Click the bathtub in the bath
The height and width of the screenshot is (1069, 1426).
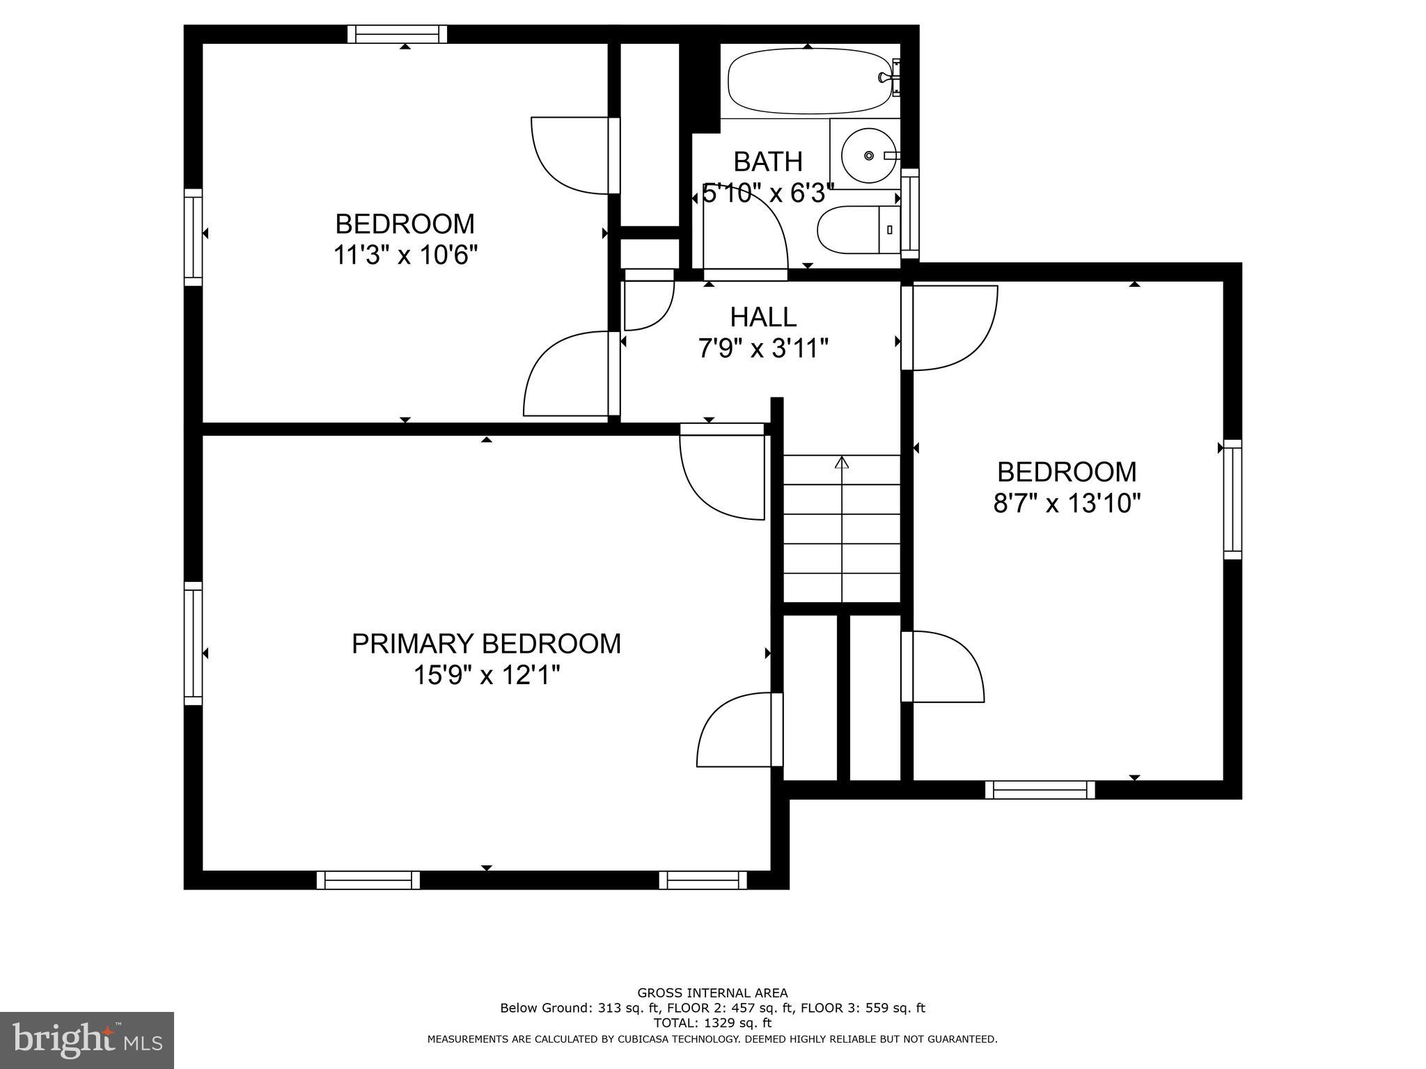(x=808, y=81)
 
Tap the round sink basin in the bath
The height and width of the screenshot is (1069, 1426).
(x=868, y=155)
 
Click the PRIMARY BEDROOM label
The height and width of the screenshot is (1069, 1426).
(x=486, y=644)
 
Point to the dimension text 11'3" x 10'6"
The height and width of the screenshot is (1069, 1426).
(x=405, y=255)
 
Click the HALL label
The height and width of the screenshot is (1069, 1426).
(x=763, y=317)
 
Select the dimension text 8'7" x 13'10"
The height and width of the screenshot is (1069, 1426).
(x=1067, y=503)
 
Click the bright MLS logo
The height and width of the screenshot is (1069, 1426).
(x=86, y=1040)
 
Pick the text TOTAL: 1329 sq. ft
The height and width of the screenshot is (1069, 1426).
(x=712, y=1023)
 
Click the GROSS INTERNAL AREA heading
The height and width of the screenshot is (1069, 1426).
(x=712, y=993)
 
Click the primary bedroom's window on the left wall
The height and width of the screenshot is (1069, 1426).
(x=193, y=643)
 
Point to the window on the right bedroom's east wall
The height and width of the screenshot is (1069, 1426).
(x=1232, y=499)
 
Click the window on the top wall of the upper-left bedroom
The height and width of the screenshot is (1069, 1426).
(x=397, y=34)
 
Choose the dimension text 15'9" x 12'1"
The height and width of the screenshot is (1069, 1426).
(x=486, y=675)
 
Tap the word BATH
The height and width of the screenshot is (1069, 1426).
(x=768, y=162)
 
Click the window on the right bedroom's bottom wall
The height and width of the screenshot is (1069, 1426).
(x=1040, y=789)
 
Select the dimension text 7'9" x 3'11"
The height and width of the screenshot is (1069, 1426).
(x=763, y=348)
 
